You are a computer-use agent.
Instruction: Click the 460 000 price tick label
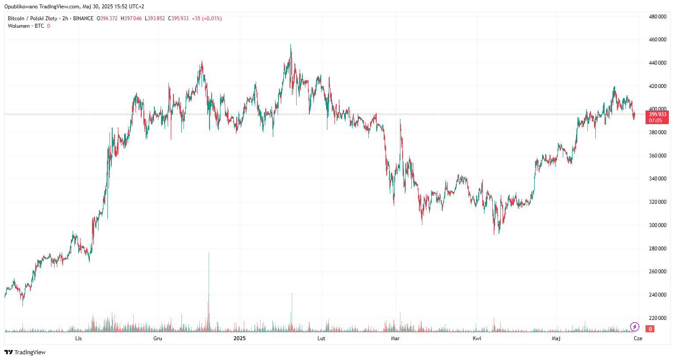[x=657, y=40]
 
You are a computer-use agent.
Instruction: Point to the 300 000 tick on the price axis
[x=657, y=225]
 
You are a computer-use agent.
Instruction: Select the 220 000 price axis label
[x=657, y=318]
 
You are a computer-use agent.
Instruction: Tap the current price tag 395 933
[x=657, y=114]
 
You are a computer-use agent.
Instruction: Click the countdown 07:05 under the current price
[x=655, y=121]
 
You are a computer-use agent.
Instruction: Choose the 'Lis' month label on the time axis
[x=78, y=338]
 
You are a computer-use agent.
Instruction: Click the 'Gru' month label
[x=158, y=338]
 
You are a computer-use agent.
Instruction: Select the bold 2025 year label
[x=239, y=338]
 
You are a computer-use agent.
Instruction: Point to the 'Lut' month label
[x=321, y=338]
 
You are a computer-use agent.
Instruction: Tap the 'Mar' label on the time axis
[x=395, y=338]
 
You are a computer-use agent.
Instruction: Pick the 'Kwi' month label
[x=477, y=338]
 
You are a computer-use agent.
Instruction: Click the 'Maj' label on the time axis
[x=556, y=338]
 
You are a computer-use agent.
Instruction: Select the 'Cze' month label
[x=638, y=338]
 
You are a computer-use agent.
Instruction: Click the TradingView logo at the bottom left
[x=25, y=352]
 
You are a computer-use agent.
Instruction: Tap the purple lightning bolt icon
[x=635, y=327]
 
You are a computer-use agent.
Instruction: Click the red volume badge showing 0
[x=650, y=329]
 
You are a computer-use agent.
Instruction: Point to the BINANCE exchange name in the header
[x=83, y=18]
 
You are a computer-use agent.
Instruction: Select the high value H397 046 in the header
[x=131, y=18]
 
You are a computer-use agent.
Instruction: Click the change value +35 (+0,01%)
[x=207, y=18]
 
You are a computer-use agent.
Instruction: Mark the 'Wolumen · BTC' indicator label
[x=26, y=26]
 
